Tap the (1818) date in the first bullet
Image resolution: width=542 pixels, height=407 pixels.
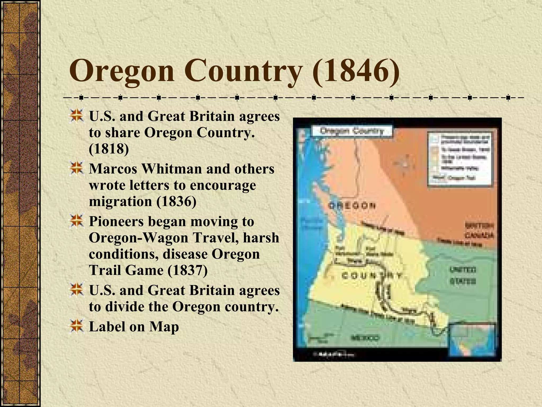coord(109,149)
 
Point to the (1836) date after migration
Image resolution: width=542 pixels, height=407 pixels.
coord(176,201)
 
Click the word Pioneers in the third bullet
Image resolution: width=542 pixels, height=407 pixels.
coord(116,222)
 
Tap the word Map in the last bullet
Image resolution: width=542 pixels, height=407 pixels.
coord(164,326)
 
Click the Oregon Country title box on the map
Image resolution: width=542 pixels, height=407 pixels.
coord(352,131)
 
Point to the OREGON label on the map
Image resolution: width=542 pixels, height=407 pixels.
coord(352,206)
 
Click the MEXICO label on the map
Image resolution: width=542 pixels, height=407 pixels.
coord(365,338)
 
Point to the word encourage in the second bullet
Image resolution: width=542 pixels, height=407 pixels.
coord(223,185)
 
